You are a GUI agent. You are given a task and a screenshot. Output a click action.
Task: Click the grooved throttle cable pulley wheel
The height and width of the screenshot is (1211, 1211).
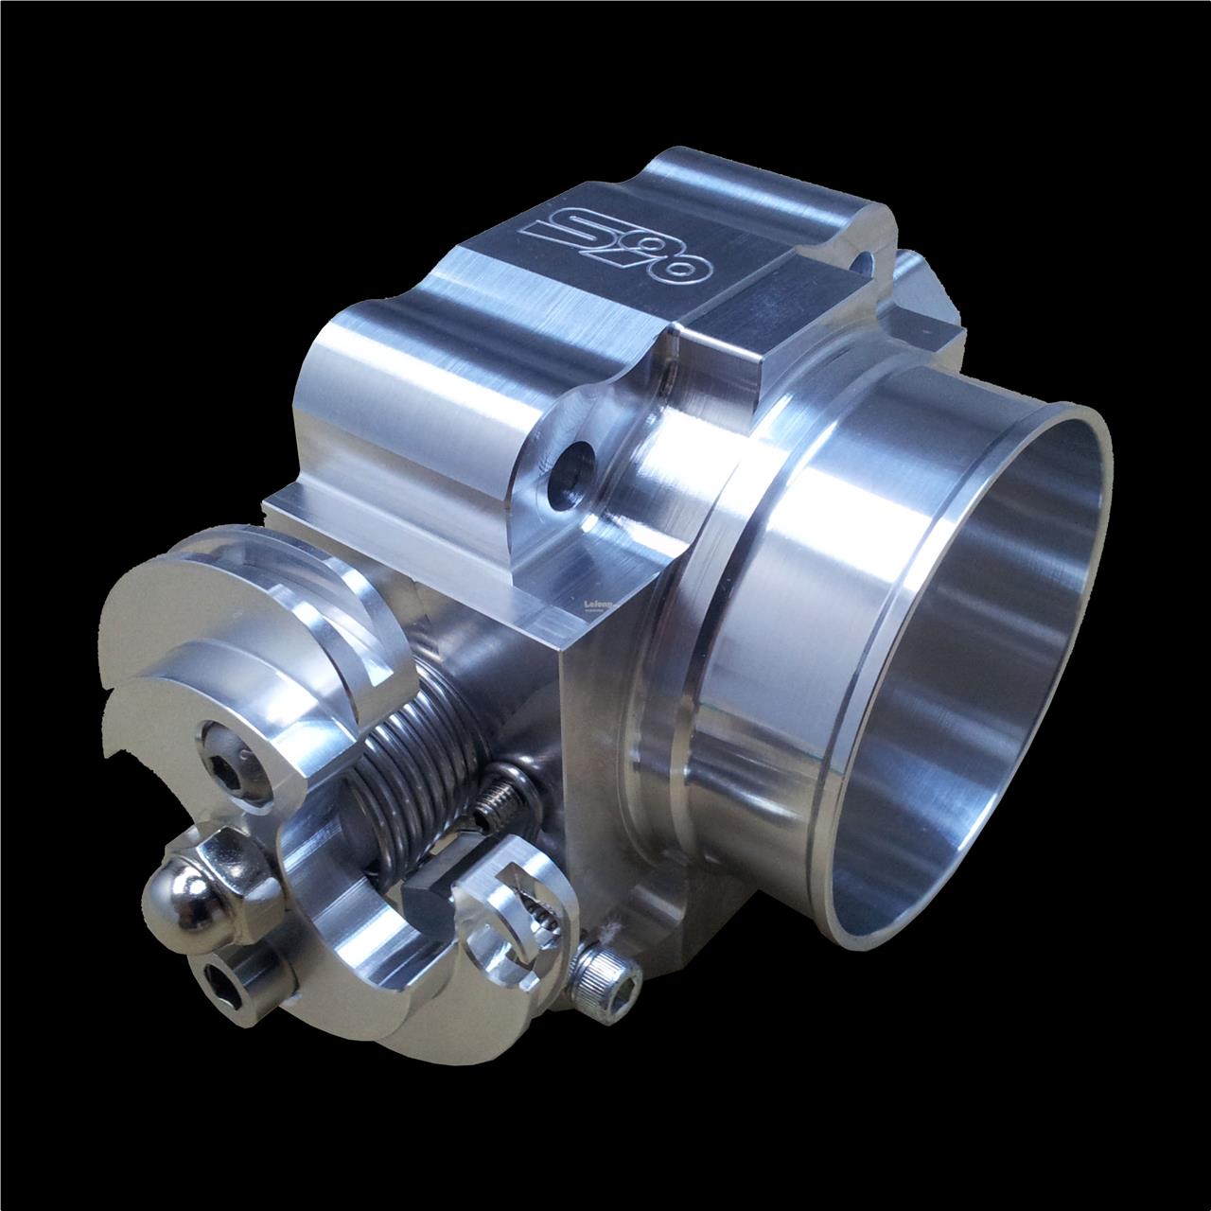point(246,643)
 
